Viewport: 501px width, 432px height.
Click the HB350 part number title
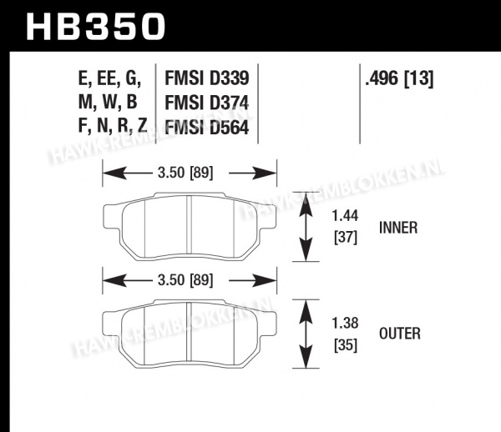click(x=96, y=27)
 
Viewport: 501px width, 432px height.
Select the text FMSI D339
click(x=207, y=78)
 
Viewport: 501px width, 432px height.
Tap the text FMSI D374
click(x=207, y=103)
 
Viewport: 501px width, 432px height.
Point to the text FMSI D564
click(x=207, y=128)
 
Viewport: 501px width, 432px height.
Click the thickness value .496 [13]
click(x=399, y=78)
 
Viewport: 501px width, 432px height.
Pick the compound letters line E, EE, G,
click(x=109, y=78)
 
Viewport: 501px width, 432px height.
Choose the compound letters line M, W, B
click(x=108, y=103)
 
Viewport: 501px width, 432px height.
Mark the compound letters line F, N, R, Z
click(x=113, y=125)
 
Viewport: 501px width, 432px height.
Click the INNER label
click(x=398, y=228)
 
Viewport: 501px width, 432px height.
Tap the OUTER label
click(x=400, y=334)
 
